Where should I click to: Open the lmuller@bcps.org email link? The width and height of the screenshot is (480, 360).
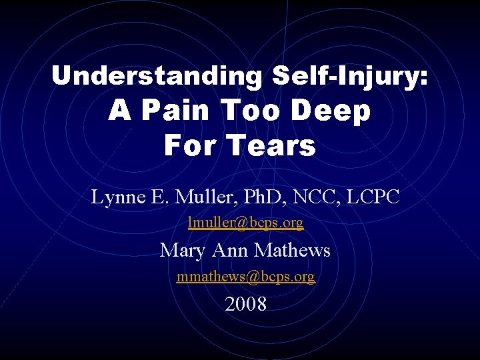(x=245, y=223)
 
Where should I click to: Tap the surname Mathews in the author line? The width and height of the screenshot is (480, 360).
(x=293, y=250)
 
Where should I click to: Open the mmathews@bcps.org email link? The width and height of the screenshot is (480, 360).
(x=245, y=276)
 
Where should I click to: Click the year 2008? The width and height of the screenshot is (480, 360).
(x=245, y=305)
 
